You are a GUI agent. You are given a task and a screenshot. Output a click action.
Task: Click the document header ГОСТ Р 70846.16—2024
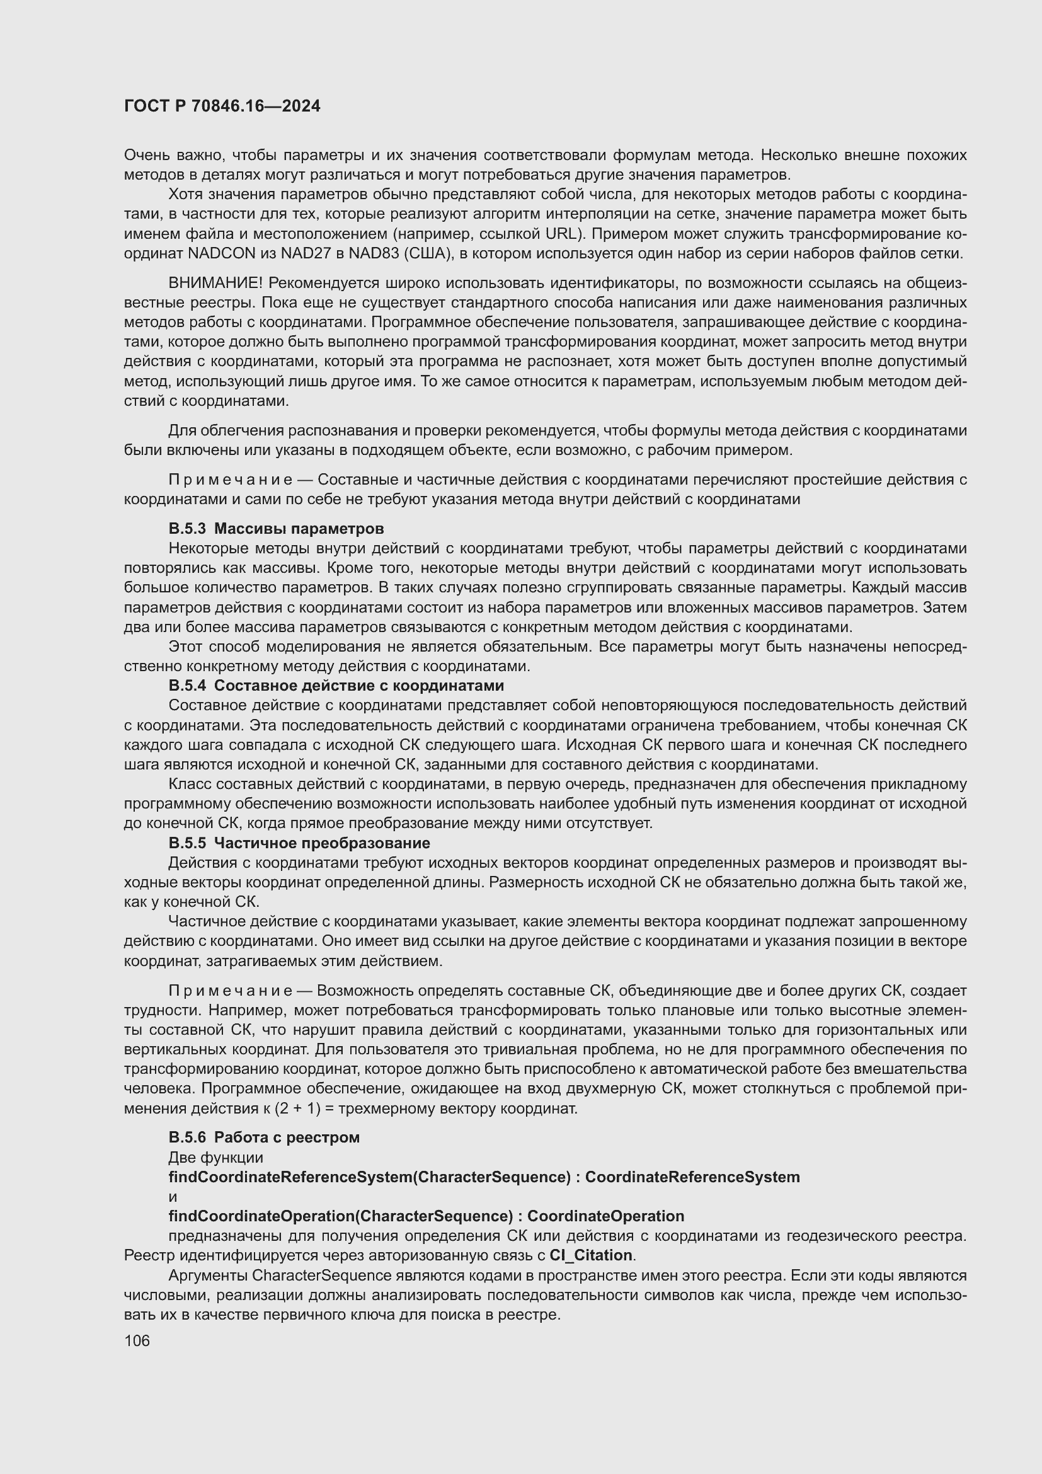point(222,106)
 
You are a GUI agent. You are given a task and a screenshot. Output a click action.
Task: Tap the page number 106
point(137,1340)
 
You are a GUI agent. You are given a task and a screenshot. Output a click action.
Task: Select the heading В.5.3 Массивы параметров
point(276,528)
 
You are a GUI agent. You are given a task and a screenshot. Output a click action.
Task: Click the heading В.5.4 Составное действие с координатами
point(336,685)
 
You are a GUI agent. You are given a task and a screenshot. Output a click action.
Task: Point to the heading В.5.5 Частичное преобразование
point(299,843)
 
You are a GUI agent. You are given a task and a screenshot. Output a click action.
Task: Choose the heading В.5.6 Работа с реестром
point(264,1137)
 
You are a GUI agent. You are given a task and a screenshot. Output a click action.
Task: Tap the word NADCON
point(221,253)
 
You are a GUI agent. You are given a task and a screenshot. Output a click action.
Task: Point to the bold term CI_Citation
point(590,1255)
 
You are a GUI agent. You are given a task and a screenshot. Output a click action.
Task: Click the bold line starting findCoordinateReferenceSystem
point(484,1177)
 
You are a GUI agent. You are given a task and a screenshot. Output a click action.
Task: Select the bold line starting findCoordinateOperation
point(426,1216)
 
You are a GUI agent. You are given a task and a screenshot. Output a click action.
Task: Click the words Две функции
point(215,1157)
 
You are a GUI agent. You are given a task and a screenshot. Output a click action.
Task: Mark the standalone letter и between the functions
point(173,1197)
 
